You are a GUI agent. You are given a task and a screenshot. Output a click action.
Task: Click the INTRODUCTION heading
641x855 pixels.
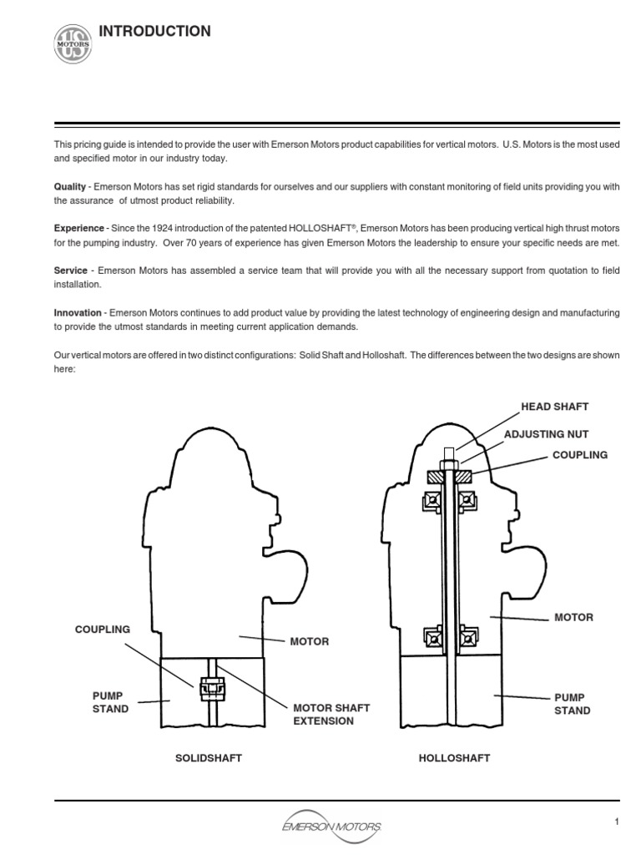click(155, 32)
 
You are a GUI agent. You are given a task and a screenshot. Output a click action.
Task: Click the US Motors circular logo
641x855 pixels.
click(73, 42)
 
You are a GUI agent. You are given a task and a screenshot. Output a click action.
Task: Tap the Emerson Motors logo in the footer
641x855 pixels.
click(333, 825)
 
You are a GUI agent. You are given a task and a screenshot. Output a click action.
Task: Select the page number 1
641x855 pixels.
click(617, 822)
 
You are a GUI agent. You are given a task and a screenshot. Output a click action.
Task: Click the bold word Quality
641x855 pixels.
click(69, 186)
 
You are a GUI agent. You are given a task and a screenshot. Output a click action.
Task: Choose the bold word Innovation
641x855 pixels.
click(78, 313)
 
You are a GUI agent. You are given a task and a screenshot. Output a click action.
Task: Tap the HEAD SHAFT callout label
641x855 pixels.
click(554, 407)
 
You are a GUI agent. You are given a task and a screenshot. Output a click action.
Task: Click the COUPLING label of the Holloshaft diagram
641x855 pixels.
click(579, 455)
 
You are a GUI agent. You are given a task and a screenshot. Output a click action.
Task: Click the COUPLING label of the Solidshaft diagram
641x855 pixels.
click(103, 629)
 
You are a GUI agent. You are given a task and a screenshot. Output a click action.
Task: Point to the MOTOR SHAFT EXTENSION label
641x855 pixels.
click(331, 714)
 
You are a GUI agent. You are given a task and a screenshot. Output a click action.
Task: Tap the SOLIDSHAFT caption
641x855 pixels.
click(208, 758)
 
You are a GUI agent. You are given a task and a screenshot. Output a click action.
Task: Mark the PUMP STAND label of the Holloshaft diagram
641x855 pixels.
click(572, 704)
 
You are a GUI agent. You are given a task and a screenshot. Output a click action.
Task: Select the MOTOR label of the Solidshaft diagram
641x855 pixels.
click(309, 641)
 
